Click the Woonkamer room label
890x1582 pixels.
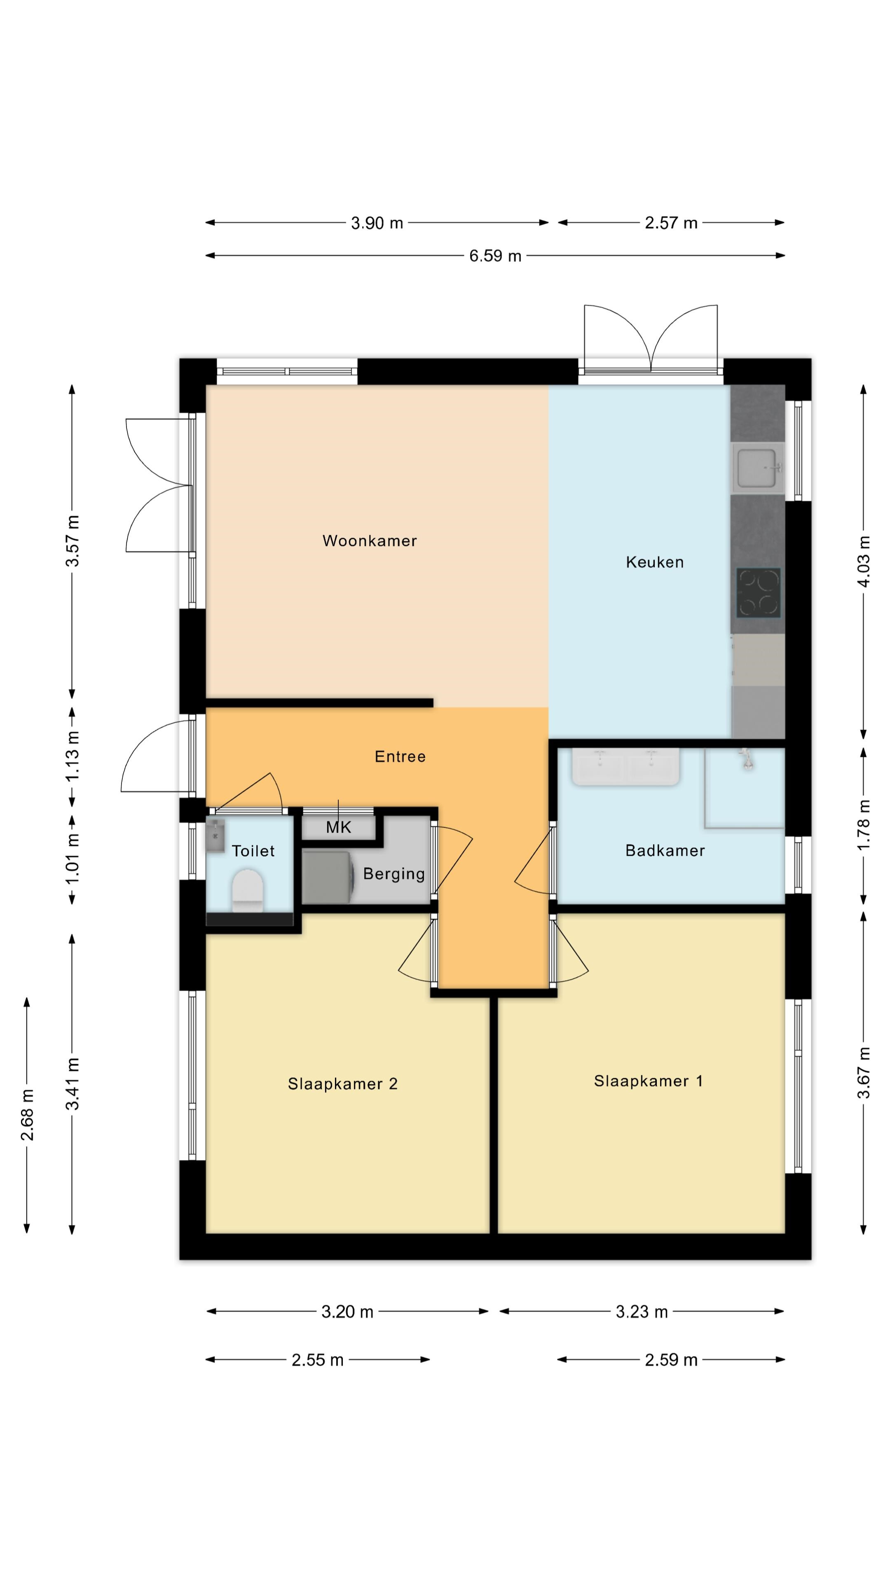[x=369, y=541]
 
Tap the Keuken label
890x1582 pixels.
[x=654, y=562]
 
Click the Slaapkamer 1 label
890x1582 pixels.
[x=648, y=1081]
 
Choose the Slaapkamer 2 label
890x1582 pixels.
[x=343, y=1084]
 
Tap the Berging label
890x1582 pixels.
[x=394, y=874]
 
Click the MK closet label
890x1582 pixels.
[x=338, y=827]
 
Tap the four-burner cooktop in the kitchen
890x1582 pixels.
[x=759, y=593]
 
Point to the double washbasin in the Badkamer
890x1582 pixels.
[x=625, y=766]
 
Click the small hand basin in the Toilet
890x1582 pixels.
[x=215, y=836]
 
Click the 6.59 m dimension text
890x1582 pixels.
[x=495, y=255]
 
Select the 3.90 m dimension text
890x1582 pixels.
[x=377, y=223]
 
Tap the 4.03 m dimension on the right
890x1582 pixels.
[x=864, y=561]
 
